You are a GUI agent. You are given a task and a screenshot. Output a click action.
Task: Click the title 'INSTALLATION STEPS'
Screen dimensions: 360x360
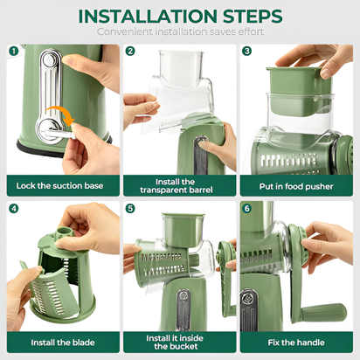pyautogui.click(x=179, y=16)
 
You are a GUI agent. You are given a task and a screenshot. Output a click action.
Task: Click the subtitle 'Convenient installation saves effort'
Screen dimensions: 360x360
pyautogui.click(x=179, y=32)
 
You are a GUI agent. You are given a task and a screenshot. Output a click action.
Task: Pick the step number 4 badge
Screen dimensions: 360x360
pyautogui.click(x=13, y=209)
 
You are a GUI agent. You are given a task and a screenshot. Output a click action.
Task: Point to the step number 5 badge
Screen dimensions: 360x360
pyautogui.click(x=130, y=209)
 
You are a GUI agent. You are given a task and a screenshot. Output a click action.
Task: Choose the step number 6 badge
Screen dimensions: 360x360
pyautogui.click(x=247, y=209)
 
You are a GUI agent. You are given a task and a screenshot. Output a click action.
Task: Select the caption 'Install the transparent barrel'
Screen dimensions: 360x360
pyautogui.click(x=179, y=185)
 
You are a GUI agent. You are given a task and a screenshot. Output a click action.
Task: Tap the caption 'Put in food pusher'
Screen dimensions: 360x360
pyautogui.click(x=297, y=185)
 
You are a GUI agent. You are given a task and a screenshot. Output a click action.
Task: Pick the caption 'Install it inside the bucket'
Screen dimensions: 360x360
pyautogui.click(x=179, y=342)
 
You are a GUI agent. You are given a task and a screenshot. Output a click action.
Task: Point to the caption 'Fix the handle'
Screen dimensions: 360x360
pyautogui.click(x=297, y=342)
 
